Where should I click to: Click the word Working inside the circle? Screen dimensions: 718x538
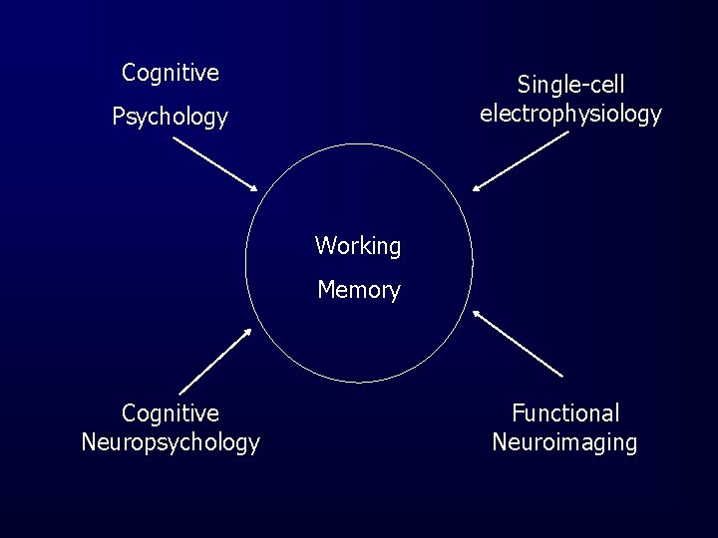pos(358,246)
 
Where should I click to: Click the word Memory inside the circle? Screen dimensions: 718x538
pos(358,290)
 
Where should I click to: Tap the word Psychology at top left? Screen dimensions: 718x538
pos(170,118)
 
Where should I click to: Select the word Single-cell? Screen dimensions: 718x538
pos(570,86)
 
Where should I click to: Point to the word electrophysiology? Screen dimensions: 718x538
pos(570,114)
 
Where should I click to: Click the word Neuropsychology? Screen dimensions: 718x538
pos(171,442)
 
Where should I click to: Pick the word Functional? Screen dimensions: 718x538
pos(565,413)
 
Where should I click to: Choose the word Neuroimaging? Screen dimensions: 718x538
pos(564,442)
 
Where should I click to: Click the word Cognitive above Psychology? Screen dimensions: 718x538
pos(171,73)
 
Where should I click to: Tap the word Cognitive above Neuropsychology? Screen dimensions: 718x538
pos(171,413)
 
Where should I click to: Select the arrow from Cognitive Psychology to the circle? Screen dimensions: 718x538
pos(214,163)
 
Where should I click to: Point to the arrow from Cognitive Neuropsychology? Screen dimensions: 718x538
pos(214,361)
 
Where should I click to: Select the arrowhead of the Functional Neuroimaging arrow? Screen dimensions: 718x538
pos(478,313)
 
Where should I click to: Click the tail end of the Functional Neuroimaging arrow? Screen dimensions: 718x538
pos(562,377)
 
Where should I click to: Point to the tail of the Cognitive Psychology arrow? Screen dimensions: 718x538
pos(175,138)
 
